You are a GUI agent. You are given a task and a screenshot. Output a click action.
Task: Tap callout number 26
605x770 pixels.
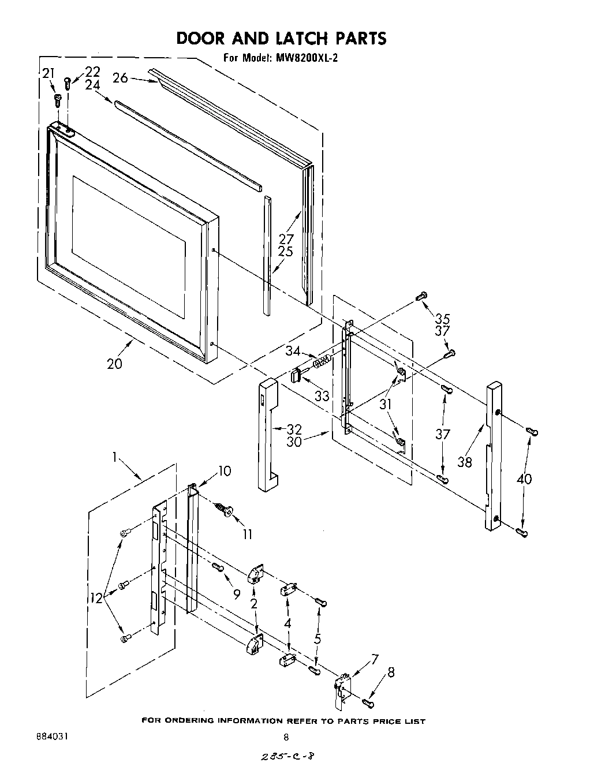pos(120,77)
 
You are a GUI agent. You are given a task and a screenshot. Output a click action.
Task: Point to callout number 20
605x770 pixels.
pos(114,364)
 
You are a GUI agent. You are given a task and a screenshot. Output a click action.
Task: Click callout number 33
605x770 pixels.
pos(322,396)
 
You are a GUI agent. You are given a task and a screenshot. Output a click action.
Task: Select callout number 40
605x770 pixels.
pos(524,479)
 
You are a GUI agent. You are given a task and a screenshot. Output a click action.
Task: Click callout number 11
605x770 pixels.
pos(247,534)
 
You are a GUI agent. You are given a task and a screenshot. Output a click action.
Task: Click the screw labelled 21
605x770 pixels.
pos(57,101)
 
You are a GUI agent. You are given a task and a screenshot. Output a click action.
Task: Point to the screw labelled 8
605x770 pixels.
pos(368,702)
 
